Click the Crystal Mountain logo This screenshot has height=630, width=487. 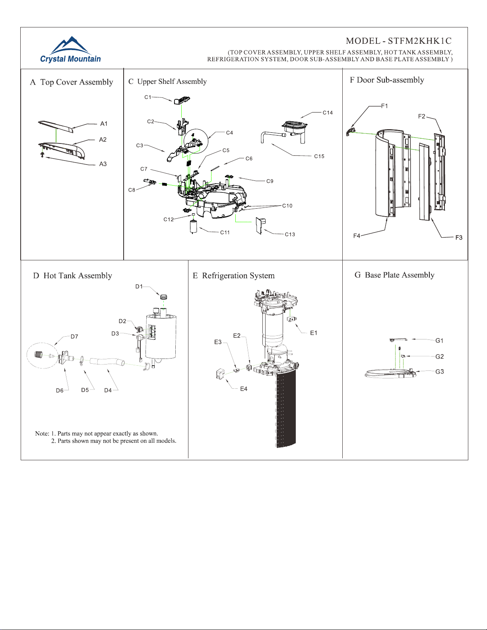pos(70,49)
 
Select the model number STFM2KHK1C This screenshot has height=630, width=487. pos(420,41)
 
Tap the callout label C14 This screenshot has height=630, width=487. pos(328,112)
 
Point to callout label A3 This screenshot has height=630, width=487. pos(103,164)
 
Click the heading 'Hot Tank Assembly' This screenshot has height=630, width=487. pos(78,275)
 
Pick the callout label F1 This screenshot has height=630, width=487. pos(384,106)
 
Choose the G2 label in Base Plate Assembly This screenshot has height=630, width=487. pos(439,356)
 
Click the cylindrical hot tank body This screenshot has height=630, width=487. pos(161,336)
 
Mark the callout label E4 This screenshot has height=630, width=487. pos(243,389)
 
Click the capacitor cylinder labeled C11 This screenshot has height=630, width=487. pos(193,227)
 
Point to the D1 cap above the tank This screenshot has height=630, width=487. pos(164,297)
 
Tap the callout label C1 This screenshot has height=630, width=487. pos(148,97)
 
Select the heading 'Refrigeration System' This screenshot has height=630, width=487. pos(238,275)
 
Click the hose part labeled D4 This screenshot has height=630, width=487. pos(107,362)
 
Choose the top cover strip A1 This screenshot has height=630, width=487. pos(55,126)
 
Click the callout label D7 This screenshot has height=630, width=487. pos(74,337)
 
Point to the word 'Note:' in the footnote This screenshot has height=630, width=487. pos(42,433)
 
